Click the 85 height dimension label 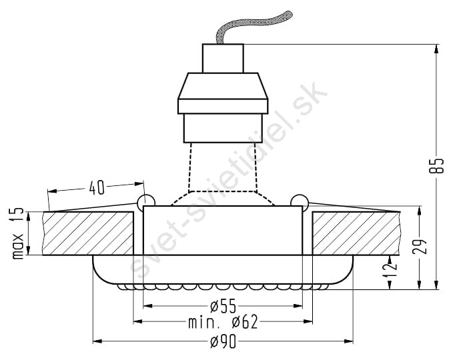pyautogui.click(x=436, y=166)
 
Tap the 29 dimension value pyautogui.click(x=420, y=247)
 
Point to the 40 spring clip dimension pyautogui.click(x=96, y=188)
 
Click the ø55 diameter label pyautogui.click(x=223, y=307)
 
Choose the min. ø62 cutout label pyautogui.click(x=223, y=322)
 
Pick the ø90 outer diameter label pyautogui.click(x=223, y=342)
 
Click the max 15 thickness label pyautogui.click(x=18, y=233)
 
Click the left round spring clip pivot pyautogui.click(x=146, y=201)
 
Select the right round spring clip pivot pyautogui.click(x=300, y=201)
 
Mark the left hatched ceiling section pyautogui.click(x=88, y=233)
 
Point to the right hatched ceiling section pyautogui.click(x=356, y=233)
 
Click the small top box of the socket pyautogui.click(x=223, y=58)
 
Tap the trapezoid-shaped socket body pyautogui.click(x=223, y=86)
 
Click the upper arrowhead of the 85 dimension pyautogui.click(x=436, y=49)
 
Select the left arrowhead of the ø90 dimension pyautogui.click(x=97, y=341)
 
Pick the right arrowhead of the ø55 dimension pyautogui.click(x=298, y=306)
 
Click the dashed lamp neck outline pyautogui.click(x=223, y=174)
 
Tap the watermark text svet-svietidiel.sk pyautogui.click(x=230, y=180)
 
